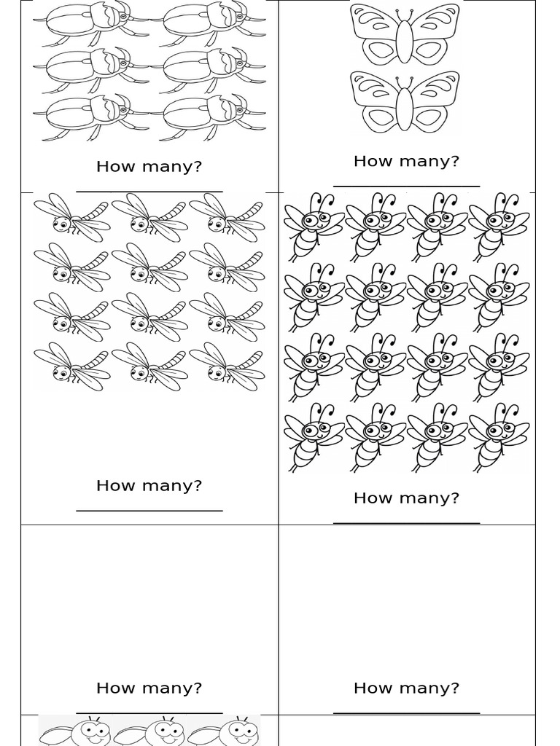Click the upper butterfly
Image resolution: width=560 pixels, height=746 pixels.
(405, 34)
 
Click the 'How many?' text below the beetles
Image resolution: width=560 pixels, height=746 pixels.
(149, 167)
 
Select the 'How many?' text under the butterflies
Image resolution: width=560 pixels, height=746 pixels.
(406, 161)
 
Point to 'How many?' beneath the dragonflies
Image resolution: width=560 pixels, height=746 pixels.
(149, 486)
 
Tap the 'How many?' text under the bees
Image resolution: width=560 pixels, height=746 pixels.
(406, 498)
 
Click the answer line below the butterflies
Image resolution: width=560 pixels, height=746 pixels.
(406, 186)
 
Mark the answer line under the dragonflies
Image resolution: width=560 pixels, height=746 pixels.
(149, 511)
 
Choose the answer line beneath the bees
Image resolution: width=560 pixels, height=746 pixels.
(406, 522)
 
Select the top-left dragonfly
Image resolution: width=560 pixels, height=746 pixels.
(71, 217)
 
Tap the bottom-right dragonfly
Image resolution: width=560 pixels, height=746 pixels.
(227, 366)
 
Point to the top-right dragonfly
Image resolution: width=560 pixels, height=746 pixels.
(227, 217)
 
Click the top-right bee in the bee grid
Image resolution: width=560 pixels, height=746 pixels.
(499, 226)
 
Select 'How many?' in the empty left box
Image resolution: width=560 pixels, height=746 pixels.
(149, 688)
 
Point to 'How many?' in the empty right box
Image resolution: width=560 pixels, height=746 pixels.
(406, 688)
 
